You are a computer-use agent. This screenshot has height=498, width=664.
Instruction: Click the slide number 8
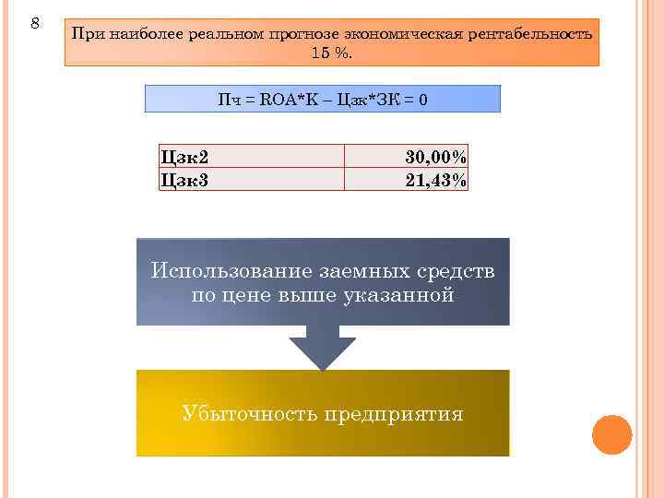pyautogui.click(x=35, y=21)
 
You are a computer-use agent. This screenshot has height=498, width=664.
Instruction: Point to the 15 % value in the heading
pyautogui.click(x=331, y=53)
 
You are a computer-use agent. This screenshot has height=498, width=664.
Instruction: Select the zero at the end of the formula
pyautogui.click(x=422, y=99)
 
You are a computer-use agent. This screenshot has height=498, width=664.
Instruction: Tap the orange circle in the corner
pyautogui.click(x=611, y=433)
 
